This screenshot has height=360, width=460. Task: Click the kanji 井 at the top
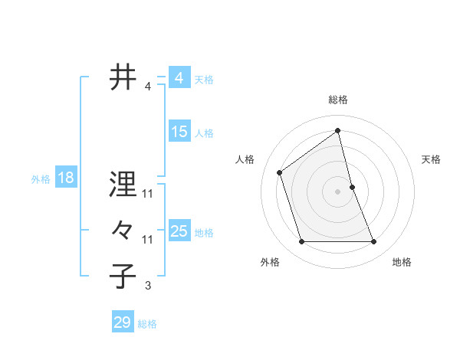(x=123, y=78)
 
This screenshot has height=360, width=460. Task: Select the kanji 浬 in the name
(x=123, y=184)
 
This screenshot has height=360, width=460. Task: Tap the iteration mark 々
(x=123, y=231)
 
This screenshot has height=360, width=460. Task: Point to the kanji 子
(x=123, y=277)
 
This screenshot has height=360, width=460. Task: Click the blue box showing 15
(x=179, y=132)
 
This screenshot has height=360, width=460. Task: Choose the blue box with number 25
(x=179, y=231)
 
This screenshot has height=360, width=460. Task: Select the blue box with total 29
(x=123, y=322)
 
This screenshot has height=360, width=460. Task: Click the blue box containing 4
(x=179, y=78)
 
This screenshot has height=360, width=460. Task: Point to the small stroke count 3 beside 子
(x=148, y=286)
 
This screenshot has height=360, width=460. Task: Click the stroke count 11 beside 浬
(x=148, y=193)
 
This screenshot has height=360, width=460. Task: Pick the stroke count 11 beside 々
(x=148, y=240)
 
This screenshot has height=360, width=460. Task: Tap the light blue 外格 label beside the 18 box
(x=41, y=179)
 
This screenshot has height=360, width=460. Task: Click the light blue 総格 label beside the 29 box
(x=147, y=323)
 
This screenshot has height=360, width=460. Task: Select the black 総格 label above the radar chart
(x=337, y=100)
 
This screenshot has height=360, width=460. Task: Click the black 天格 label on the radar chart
(x=431, y=159)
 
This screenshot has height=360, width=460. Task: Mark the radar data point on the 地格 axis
(x=374, y=242)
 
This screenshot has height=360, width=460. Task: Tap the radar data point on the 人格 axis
(x=280, y=172)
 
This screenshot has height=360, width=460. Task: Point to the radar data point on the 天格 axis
(x=352, y=187)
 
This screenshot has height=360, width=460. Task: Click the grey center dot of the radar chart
(x=337, y=191)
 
